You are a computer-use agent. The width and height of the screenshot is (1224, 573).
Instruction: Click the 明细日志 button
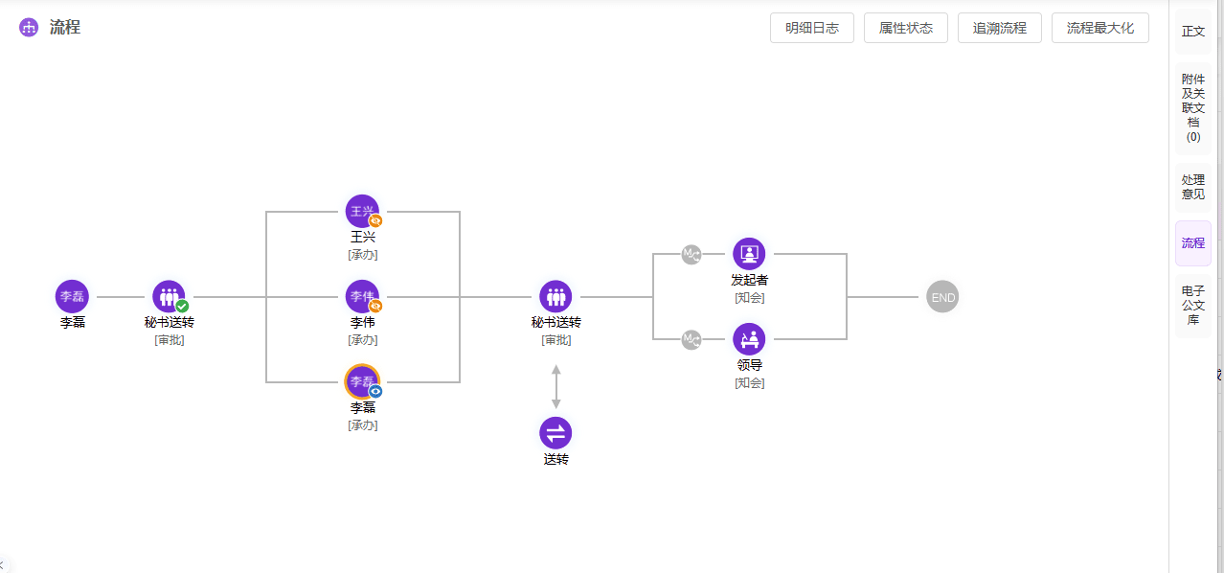811,28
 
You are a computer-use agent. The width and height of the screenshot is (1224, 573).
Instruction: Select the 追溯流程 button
1000,28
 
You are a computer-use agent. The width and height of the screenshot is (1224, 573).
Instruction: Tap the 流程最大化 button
1099,28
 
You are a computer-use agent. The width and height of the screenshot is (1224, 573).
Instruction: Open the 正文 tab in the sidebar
1192,32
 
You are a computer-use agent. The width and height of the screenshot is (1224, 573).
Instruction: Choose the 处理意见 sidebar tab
1192,187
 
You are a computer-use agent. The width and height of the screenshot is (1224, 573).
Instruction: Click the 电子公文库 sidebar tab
1192,305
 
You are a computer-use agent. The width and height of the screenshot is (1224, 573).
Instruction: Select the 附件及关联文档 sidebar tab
1192,107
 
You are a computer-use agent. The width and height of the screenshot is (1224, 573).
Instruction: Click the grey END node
942,297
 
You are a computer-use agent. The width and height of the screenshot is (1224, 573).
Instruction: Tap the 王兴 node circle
362,211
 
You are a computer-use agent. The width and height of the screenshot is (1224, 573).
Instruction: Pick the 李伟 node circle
362,296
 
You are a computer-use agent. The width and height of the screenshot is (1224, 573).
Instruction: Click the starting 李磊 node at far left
72,296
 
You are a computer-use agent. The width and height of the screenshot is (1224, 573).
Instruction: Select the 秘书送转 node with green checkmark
169,296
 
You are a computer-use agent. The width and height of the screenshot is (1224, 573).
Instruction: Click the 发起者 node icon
749,254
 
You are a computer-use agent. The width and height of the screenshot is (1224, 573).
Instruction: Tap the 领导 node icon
749,339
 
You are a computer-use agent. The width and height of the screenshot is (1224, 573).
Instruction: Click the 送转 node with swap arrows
555,433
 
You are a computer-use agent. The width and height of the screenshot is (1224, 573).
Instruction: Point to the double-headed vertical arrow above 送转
555,386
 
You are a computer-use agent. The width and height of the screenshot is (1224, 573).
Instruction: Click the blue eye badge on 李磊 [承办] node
375,392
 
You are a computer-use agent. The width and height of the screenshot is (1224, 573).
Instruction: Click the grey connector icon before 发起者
691,254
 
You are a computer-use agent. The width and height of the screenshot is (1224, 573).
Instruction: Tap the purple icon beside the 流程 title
29,27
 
